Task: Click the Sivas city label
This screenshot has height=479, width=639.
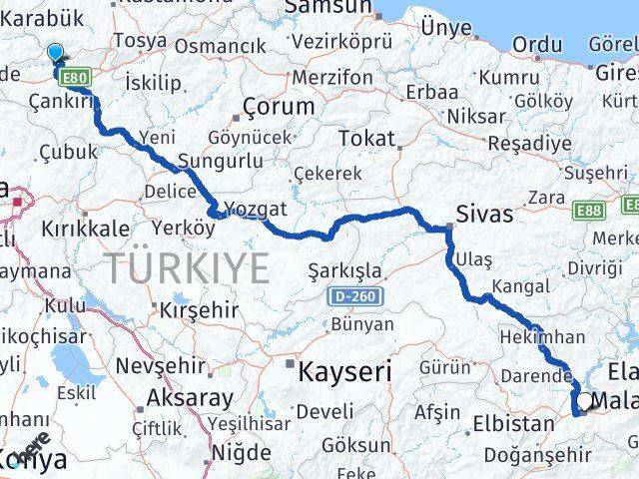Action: pyautogui.click(x=484, y=214)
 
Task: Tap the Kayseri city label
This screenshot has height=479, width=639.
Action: pyautogui.click(x=343, y=371)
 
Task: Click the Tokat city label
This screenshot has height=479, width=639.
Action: pyautogui.click(x=366, y=139)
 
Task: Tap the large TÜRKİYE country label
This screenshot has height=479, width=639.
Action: pyautogui.click(x=188, y=268)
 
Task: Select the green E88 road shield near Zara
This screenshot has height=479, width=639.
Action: pyautogui.click(x=586, y=211)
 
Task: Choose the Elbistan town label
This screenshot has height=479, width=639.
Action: pyautogui.click(x=513, y=423)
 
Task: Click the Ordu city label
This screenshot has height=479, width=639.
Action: pyautogui.click(x=537, y=44)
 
